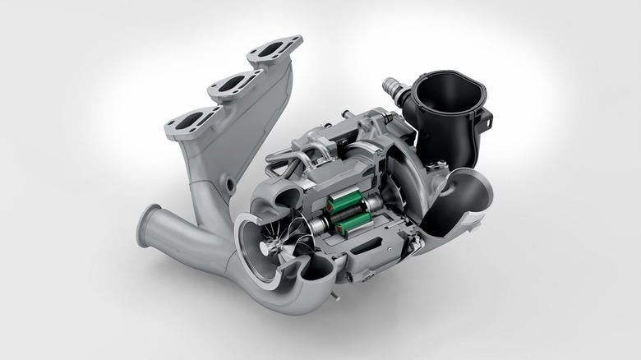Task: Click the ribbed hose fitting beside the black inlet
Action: [393, 88]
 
